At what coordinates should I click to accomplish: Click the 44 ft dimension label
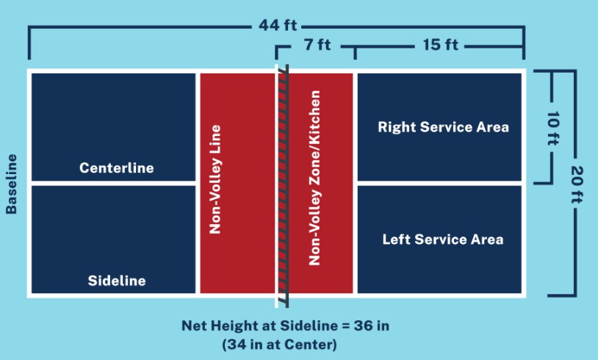pos(278,26)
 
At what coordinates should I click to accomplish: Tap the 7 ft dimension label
pos(317,45)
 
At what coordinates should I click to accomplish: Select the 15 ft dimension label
pos(440,45)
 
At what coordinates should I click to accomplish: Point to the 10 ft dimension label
pos(553,129)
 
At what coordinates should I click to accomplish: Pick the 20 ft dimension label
pos(577,184)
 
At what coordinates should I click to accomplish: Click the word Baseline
pos(12,184)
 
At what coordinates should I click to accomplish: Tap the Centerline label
pos(117,168)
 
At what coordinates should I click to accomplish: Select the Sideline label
pos(117,281)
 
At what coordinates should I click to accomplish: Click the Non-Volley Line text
pos(215,179)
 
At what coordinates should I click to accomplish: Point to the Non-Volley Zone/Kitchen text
pos(314,178)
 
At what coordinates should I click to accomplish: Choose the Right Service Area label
pos(443,127)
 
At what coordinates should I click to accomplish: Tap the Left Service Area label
pos(443,240)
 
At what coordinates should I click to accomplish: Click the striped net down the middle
pos(283,186)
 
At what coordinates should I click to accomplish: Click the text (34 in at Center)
pos(280,345)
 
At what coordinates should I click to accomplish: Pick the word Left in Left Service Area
pos(396,240)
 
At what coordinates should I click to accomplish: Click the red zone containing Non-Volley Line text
pos(237,184)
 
